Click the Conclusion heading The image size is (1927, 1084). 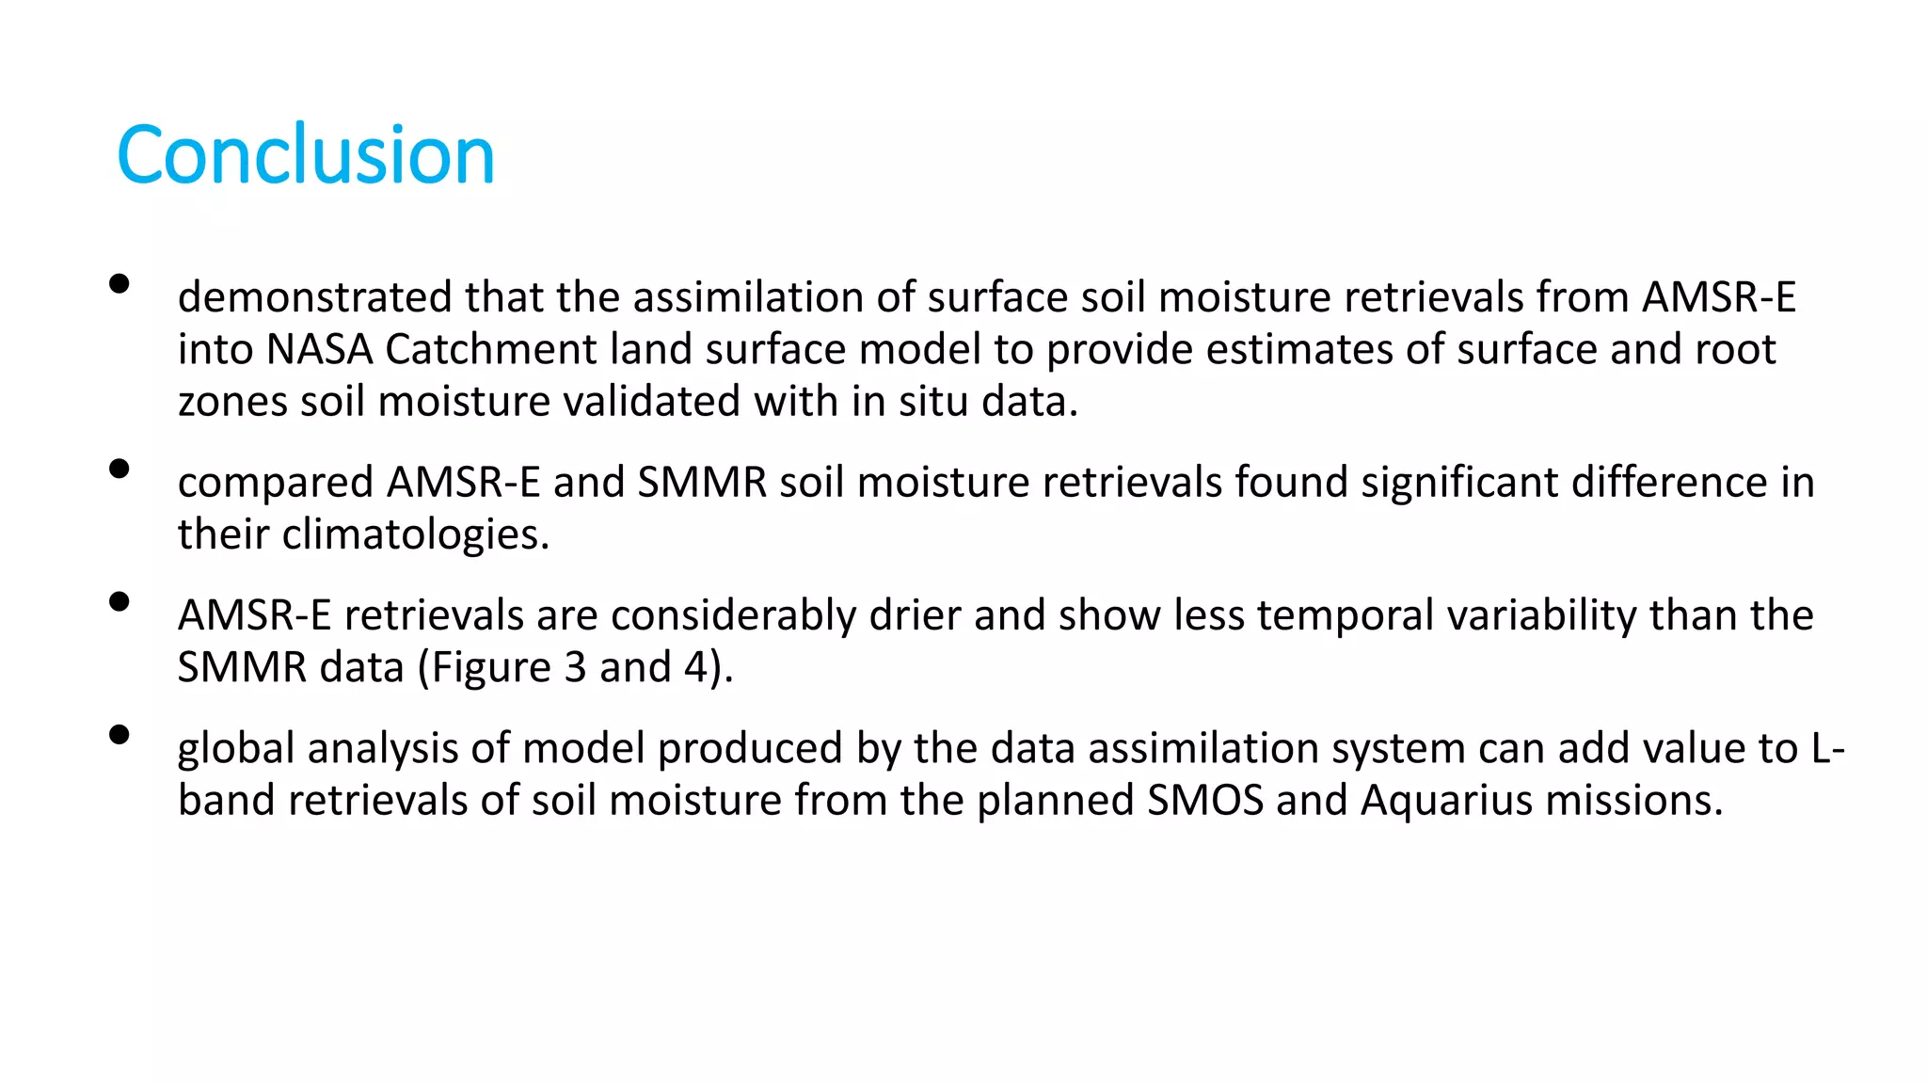[306, 155]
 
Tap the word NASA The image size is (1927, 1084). [320, 350]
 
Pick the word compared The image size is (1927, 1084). [276, 484]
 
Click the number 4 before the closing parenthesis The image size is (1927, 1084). [695, 667]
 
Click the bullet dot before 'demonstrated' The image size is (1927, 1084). [119, 283]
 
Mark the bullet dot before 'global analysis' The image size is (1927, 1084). [119, 734]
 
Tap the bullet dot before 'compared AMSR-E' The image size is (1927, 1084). [119, 469]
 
